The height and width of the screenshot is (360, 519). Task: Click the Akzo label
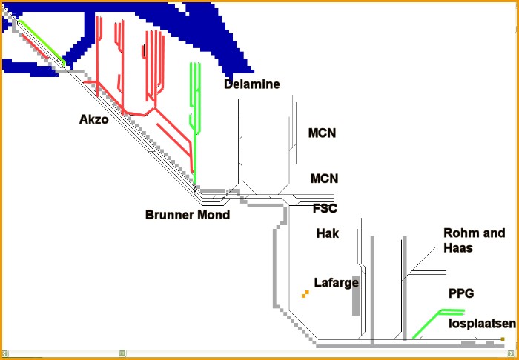(94, 119)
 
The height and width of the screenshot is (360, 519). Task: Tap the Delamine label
(252, 84)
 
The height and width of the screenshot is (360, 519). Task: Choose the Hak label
(327, 233)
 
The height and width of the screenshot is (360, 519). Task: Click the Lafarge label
(337, 282)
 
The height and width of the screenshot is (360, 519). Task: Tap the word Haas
(457, 248)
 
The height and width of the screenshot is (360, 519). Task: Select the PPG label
(460, 293)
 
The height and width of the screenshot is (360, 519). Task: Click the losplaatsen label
(482, 324)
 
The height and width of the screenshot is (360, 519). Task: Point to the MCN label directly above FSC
(324, 179)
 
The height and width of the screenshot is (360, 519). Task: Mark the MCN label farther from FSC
(322, 133)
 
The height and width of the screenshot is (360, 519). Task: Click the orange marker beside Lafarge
(305, 295)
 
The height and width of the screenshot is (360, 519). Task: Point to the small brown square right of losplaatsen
(503, 339)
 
